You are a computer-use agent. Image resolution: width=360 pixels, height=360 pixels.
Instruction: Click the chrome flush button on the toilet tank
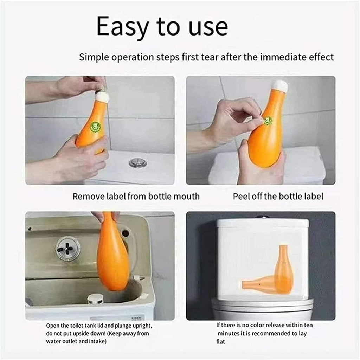tap(138, 162)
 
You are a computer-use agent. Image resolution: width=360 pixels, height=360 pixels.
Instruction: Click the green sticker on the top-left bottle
tap(96, 126)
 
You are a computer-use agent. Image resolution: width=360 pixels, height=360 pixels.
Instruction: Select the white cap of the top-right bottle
tap(280, 86)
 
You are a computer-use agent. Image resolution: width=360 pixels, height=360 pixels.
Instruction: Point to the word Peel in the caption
tap(241, 196)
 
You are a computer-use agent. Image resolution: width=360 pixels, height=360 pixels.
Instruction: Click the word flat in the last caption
tap(221, 341)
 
